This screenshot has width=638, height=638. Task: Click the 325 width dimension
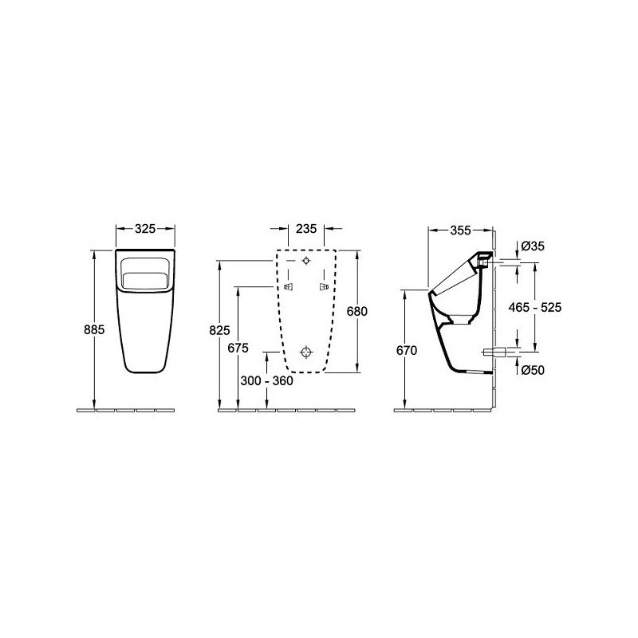click(145, 229)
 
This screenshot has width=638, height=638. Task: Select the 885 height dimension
click(94, 329)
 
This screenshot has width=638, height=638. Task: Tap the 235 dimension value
click(306, 229)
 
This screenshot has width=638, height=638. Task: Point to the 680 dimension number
click(356, 311)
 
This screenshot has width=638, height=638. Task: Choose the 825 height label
click(220, 330)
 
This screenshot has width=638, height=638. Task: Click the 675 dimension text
click(238, 349)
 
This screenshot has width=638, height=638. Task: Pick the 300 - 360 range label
click(266, 381)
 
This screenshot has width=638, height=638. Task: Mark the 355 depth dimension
click(461, 230)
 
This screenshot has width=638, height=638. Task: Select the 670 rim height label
click(407, 350)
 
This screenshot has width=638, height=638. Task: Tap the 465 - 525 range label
click(535, 307)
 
